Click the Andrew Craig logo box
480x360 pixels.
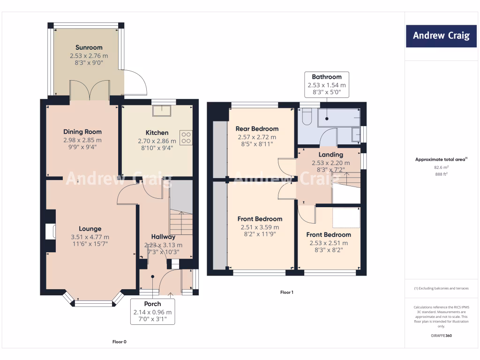(x=441, y=36)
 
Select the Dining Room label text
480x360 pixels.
(x=82, y=132)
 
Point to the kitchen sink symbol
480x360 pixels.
(x=164, y=110)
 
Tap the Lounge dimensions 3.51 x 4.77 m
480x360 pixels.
(x=90, y=237)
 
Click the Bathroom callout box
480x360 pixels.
(x=327, y=84)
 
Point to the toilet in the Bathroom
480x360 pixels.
(x=307, y=117)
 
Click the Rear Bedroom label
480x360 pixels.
(x=257, y=128)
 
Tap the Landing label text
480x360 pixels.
(x=330, y=154)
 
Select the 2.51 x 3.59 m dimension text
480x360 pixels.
(x=260, y=227)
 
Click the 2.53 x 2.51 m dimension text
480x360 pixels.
(x=329, y=243)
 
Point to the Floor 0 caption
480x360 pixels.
(x=119, y=342)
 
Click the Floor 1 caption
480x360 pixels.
(x=286, y=292)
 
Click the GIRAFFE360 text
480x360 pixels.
(x=441, y=336)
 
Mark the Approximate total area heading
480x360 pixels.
(x=441, y=159)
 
